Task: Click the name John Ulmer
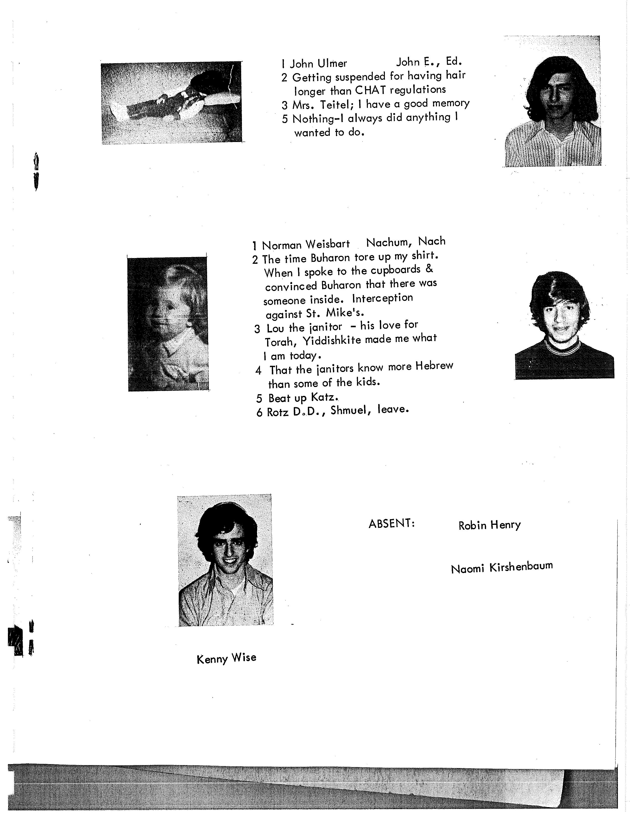pyautogui.click(x=318, y=64)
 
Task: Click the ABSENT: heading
pyautogui.click(x=392, y=524)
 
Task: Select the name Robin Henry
pyautogui.click(x=489, y=525)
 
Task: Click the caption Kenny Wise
pyautogui.click(x=226, y=658)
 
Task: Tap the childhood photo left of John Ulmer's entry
pyautogui.click(x=172, y=103)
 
